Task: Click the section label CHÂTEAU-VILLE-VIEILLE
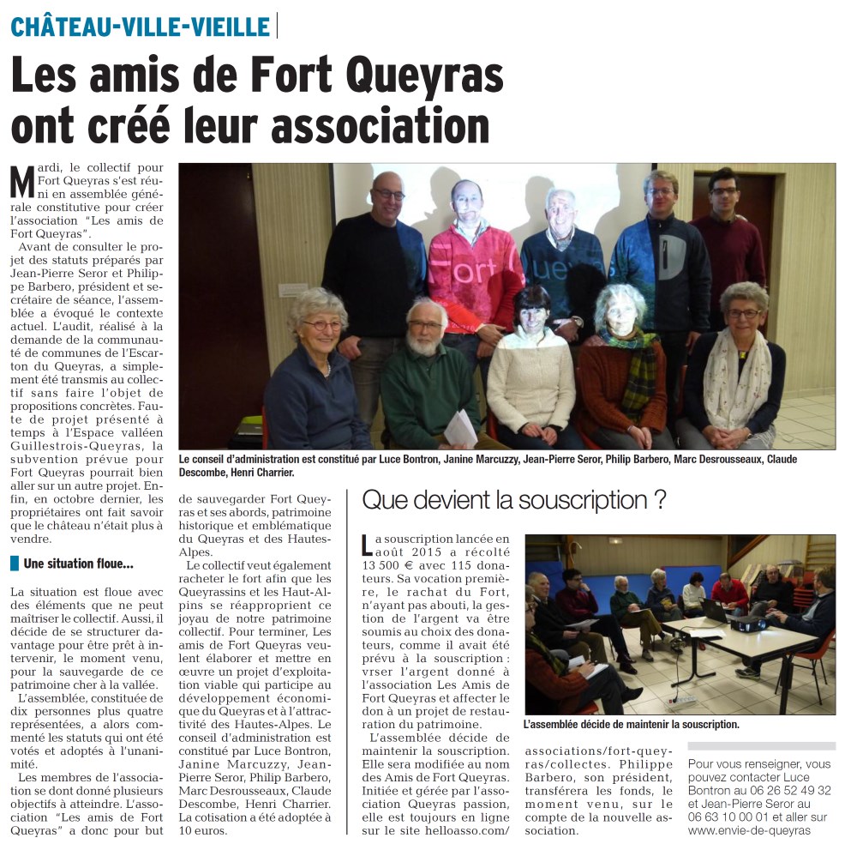pos(141,27)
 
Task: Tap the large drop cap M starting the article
pos(24,181)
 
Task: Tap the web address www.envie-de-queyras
pos(748,830)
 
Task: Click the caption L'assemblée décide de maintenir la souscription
pos(632,725)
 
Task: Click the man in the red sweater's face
pos(467,202)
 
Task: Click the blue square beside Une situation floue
pos(15,564)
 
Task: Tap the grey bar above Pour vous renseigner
pos(761,746)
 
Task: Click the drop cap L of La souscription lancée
pos(368,544)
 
